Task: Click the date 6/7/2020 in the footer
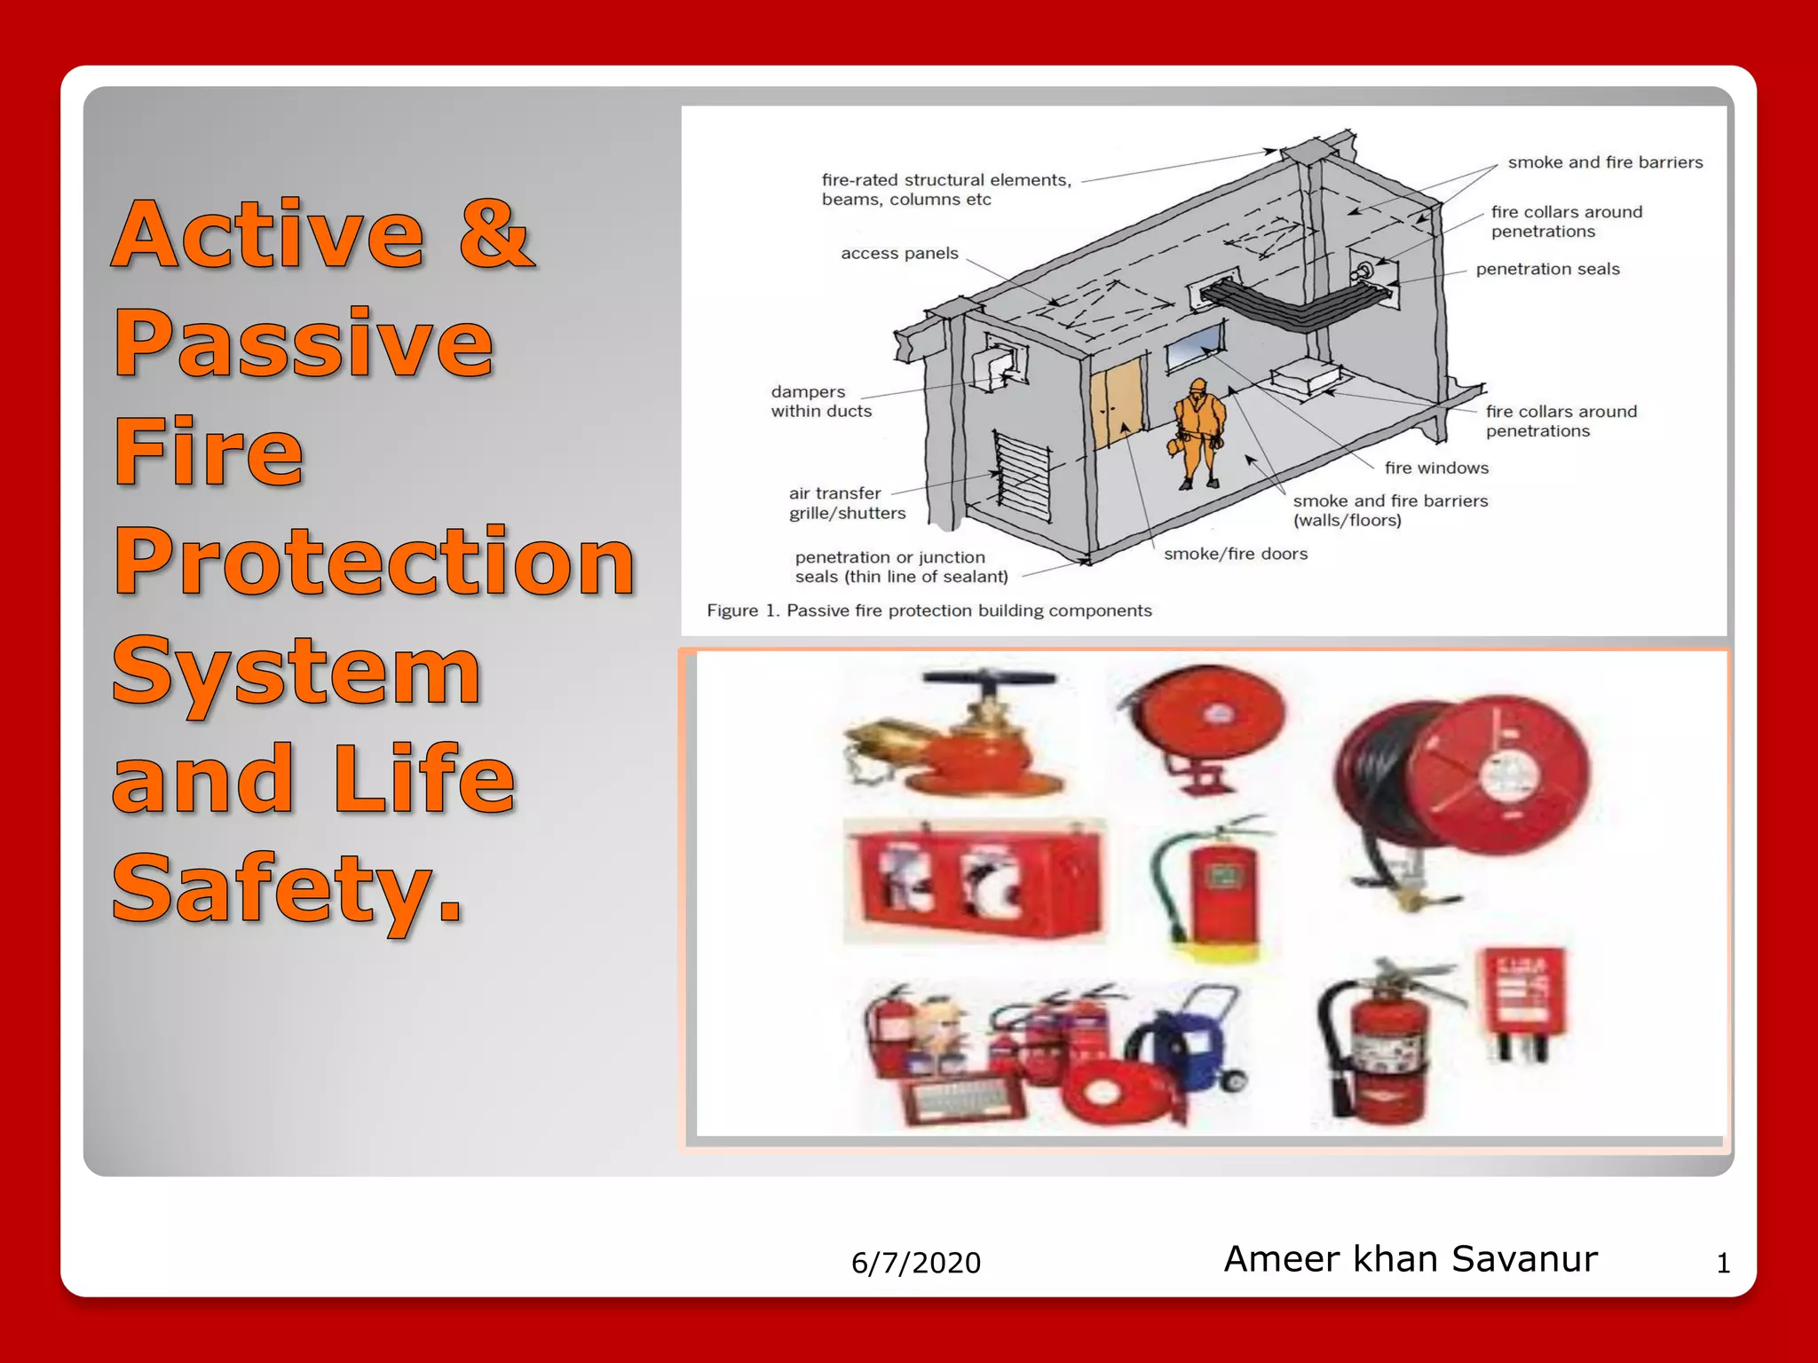(915, 1263)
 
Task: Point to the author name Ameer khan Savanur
(1410, 1259)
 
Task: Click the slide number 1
(1722, 1263)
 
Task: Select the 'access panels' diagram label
(898, 254)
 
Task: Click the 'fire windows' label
(1435, 468)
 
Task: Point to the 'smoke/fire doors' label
(1235, 554)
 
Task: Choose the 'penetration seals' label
(1546, 269)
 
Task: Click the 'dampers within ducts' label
(820, 401)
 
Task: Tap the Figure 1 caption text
(929, 611)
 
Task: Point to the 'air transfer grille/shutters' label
(846, 503)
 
